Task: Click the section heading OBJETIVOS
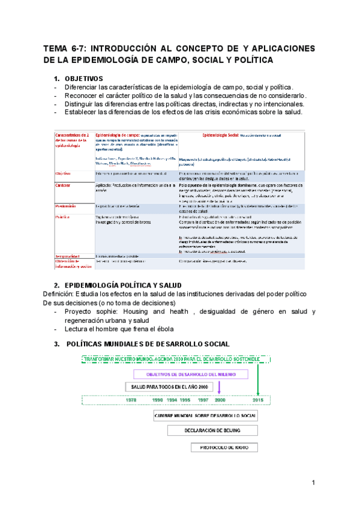(x=83, y=79)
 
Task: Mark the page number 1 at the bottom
(x=313, y=483)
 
